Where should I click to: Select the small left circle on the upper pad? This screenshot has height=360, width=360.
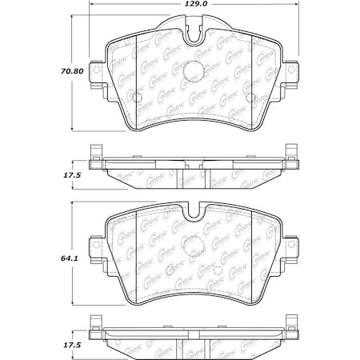pyautogui.click(x=135, y=99)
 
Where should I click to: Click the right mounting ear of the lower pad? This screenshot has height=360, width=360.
pyautogui.click(x=288, y=242)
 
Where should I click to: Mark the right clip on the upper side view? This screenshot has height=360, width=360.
pyautogui.click(x=288, y=152)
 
